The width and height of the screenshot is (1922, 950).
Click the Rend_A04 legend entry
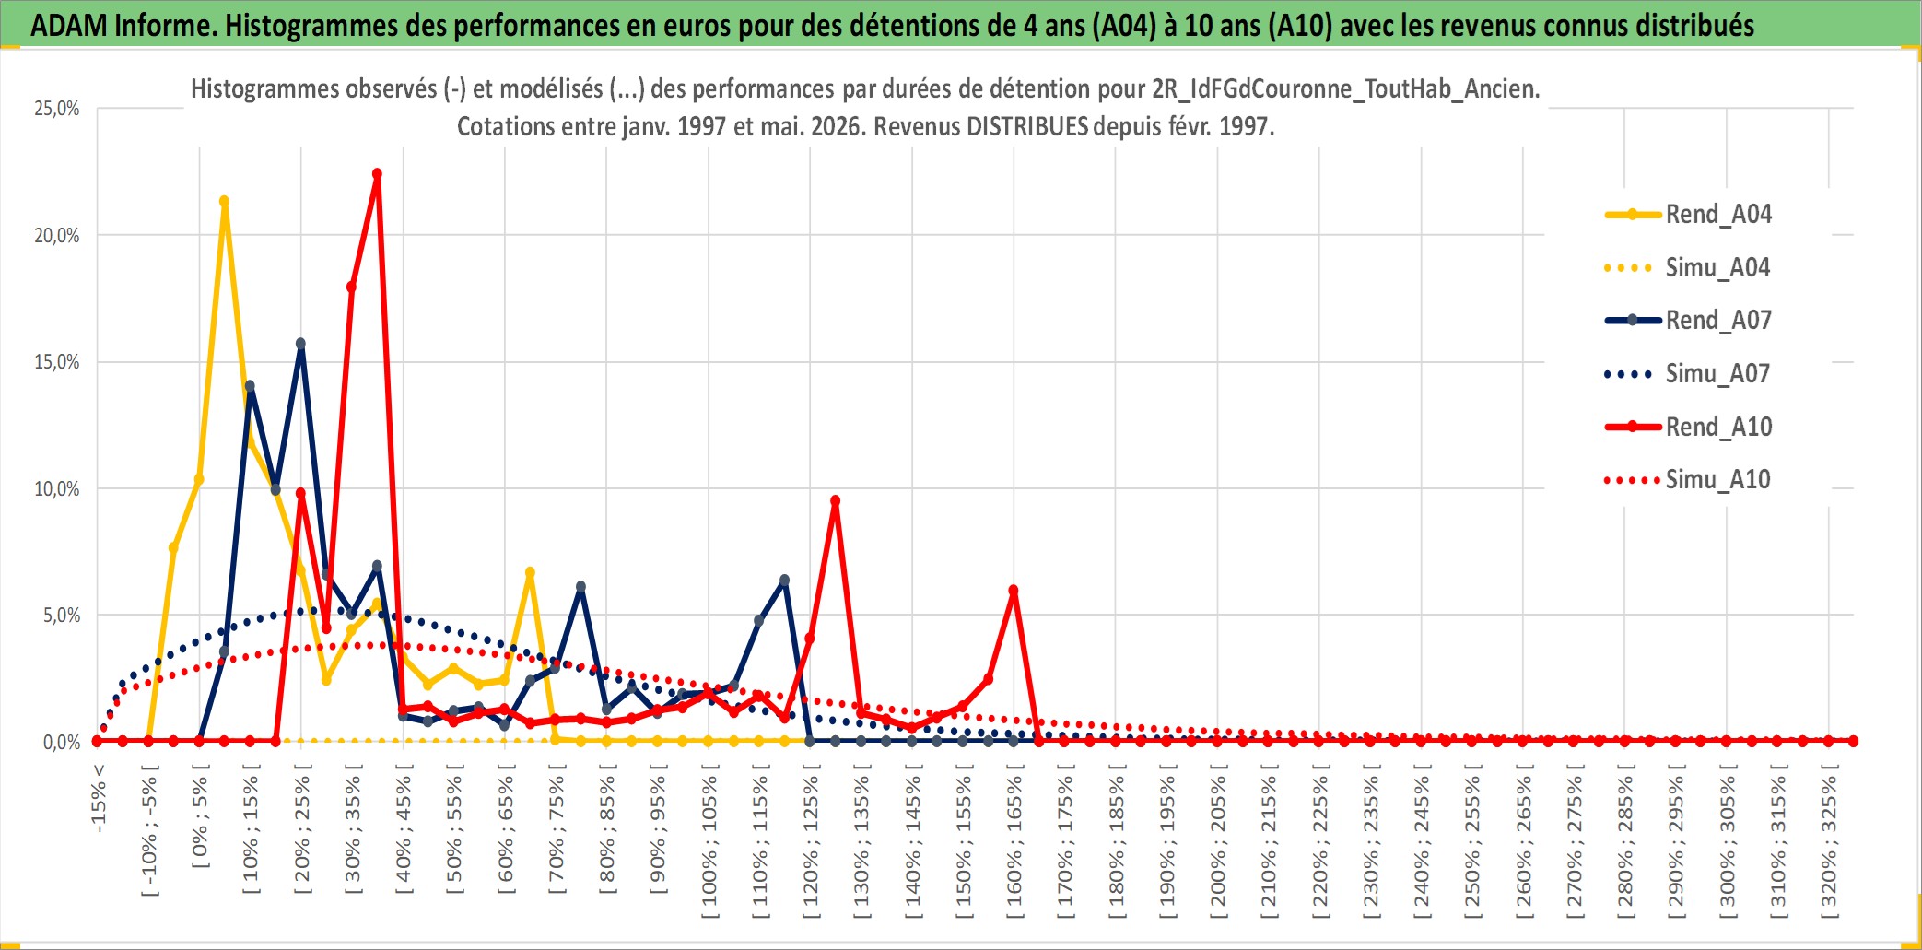1688,215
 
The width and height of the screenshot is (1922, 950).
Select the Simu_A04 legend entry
1688,268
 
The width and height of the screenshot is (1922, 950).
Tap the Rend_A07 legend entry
1688,321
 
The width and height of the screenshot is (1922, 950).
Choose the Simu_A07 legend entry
1688,374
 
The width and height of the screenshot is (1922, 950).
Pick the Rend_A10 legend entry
1688,427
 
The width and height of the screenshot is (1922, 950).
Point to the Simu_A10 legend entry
1688,480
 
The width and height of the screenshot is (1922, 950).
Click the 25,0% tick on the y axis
57,109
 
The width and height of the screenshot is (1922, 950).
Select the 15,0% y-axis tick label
57,362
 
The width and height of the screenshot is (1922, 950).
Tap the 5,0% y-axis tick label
62,616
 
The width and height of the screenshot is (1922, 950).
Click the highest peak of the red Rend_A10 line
377,173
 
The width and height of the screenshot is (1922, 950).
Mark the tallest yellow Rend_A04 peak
224,201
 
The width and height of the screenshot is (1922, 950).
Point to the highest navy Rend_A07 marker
300,344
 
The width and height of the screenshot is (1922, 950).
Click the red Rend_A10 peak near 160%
1014,590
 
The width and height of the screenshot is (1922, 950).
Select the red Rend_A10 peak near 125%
835,501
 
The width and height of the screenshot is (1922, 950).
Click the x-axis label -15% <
99,799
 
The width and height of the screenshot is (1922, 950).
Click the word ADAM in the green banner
69,26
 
